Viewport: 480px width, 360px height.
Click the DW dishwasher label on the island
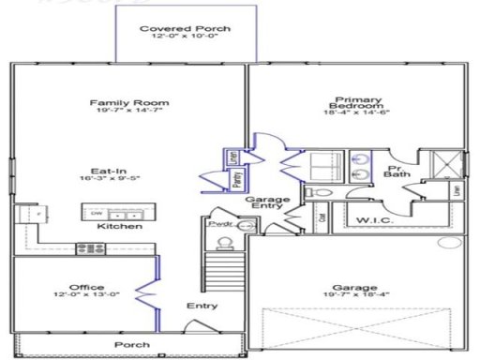pos(97,214)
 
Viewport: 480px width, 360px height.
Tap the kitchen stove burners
pos(91,248)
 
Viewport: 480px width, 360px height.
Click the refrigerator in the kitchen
pos(36,214)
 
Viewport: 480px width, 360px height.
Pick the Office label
pos(86,287)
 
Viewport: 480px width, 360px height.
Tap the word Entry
pos(201,306)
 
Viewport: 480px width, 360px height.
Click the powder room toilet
pos(223,245)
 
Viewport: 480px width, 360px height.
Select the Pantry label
pos(239,174)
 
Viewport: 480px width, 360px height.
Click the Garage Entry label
pos(267,205)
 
